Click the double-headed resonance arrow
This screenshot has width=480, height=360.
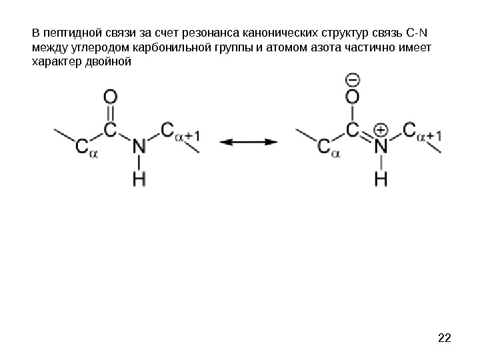[249, 141]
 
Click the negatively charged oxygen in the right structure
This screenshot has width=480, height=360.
[353, 97]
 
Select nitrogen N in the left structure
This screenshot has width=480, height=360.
[139, 145]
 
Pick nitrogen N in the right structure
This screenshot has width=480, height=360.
[381, 145]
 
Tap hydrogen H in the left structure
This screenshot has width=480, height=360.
[139, 178]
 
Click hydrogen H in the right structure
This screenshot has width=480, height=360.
[381, 178]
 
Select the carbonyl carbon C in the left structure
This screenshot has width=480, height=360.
[111, 129]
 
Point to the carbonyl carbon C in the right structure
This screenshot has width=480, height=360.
[353, 129]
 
